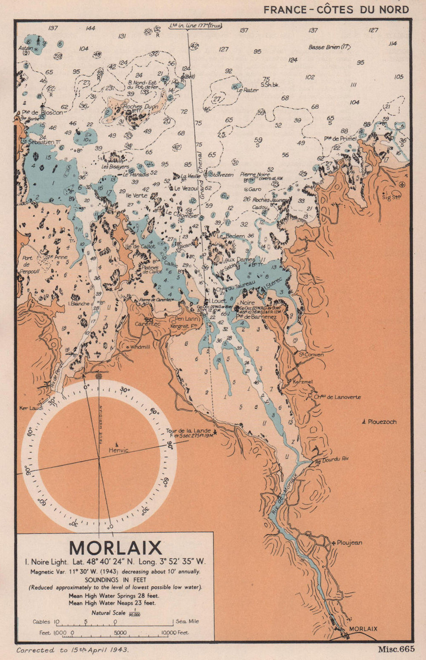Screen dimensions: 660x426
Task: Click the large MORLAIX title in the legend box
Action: click(115, 548)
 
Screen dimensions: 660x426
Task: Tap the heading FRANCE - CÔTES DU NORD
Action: click(336, 9)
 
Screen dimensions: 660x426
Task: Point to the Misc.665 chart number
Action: click(396, 649)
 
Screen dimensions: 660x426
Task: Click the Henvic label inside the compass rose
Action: click(118, 450)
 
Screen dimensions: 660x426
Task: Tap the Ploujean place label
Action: click(349, 543)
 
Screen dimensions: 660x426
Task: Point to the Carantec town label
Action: click(147, 324)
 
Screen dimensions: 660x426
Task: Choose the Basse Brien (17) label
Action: click(329, 47)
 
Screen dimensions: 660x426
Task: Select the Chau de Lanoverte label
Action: click(337, 397)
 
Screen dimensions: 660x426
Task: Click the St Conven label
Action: click(311, 354)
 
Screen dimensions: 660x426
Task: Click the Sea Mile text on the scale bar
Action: click(187, 621)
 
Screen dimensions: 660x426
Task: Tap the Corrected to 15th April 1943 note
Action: click(72, 650)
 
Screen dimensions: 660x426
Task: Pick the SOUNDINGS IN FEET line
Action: click(115, 580)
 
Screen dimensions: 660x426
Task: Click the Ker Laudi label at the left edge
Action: click(31, 408)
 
